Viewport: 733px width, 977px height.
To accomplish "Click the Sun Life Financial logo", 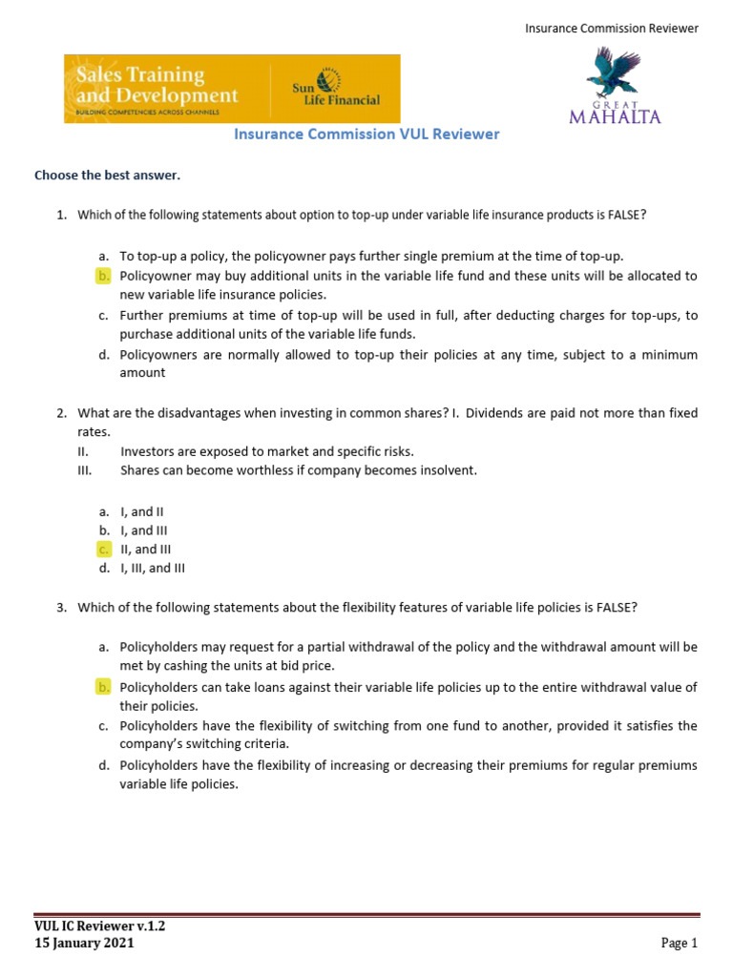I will (336, 89).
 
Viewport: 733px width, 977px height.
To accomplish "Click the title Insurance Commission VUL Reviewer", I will (366, 135).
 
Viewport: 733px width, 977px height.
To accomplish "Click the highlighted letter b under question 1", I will (103, 276).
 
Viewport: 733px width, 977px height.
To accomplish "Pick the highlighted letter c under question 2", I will (103, 549).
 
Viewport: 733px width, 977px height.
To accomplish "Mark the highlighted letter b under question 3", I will (103, 687).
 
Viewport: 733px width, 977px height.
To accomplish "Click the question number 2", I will (61, 413).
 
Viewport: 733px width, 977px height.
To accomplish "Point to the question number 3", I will (61, 607).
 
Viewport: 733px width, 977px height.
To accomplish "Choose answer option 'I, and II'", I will (143, 511).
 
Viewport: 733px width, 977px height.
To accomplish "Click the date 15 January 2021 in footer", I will (84, 943).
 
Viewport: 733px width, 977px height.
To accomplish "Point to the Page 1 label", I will (680, 943).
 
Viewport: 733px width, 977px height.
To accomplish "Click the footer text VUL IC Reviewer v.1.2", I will (93, 925).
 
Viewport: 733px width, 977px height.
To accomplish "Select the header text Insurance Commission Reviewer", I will (612, 29).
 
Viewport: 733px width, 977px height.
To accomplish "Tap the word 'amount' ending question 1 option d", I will (142, 373).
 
